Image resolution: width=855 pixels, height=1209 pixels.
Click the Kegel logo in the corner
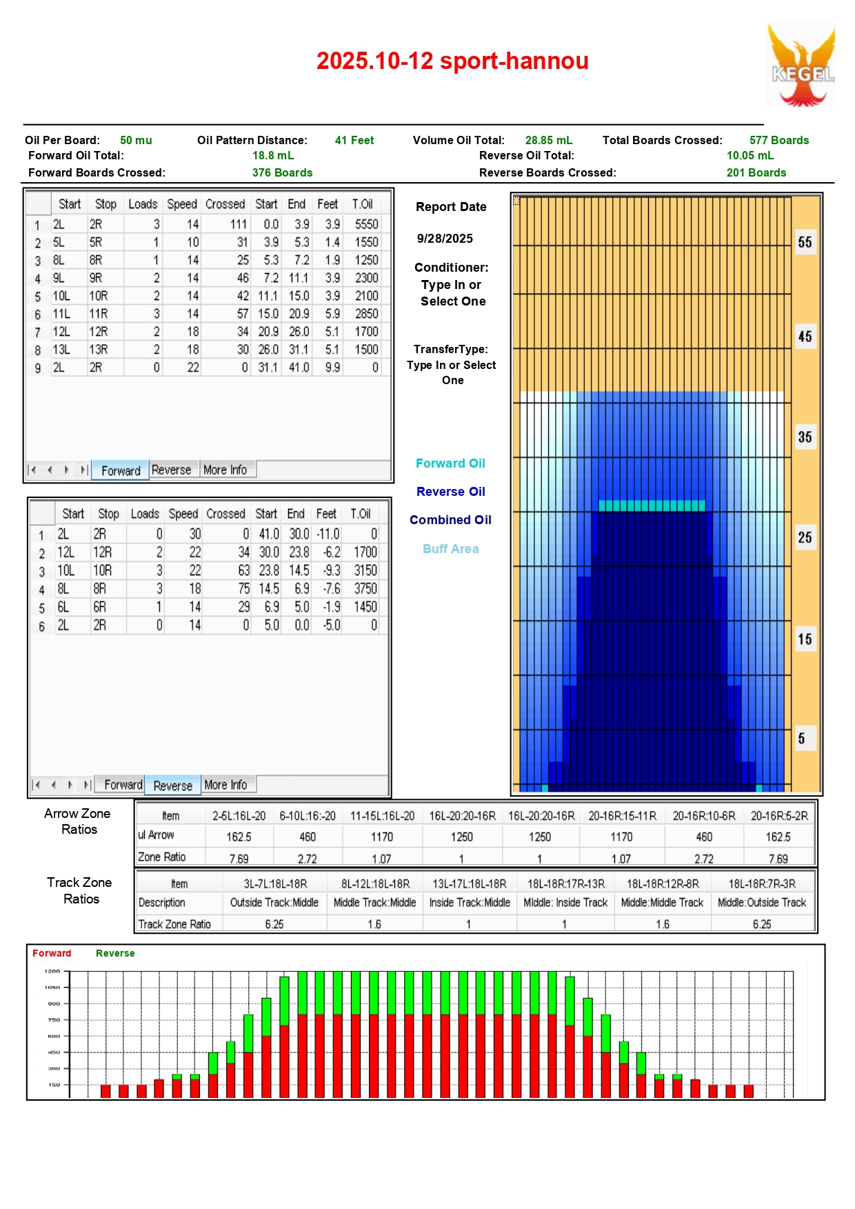point(801,65)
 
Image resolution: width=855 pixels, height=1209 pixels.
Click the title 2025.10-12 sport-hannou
point(452,61)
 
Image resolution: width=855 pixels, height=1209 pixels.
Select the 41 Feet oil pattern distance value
point(354,140)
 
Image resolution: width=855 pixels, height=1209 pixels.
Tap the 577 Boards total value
point(779,140)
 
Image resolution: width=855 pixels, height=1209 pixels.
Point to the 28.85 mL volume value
point(549,140)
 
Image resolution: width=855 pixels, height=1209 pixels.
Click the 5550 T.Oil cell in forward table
point(366,224)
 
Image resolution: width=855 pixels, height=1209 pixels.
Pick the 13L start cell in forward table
point(61,350)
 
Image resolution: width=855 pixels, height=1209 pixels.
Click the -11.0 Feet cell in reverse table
point(328,534)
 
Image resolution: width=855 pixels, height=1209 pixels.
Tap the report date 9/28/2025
point(445,239)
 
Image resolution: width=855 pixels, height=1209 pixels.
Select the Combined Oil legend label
point(450,520)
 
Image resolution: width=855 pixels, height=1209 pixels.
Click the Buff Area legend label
point(450,549)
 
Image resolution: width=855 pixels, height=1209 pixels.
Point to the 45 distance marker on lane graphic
point(805,337)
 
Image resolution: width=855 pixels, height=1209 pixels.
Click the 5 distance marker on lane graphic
point(801,739)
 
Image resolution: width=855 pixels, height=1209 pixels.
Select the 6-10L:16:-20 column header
point(308,816)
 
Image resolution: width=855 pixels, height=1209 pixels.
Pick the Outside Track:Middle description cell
point(274,902)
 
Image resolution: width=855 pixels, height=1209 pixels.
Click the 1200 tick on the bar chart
point(52,971)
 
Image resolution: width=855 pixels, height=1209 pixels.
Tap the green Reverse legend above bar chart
point(115,953)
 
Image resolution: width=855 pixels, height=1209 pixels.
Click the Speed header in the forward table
point(182,204)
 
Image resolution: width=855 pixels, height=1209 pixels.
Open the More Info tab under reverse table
point(225,785)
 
